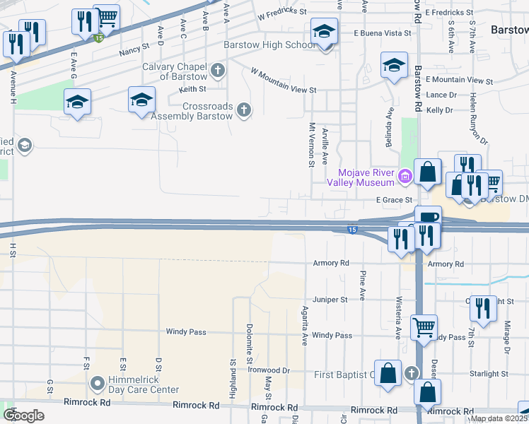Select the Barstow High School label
[269, 45]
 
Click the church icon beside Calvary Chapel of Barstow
[219, 71]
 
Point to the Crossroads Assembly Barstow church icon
[244, 110]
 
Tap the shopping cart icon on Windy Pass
[424, 326]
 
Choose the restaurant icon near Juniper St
[483, 308]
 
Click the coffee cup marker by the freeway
[428, 218]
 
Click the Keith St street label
[192, 89]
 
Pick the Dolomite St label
[250, 343]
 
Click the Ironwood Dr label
[269, 370]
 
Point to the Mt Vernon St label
[311, 145]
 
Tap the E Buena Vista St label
[383, 33]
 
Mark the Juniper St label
[330, 299]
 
